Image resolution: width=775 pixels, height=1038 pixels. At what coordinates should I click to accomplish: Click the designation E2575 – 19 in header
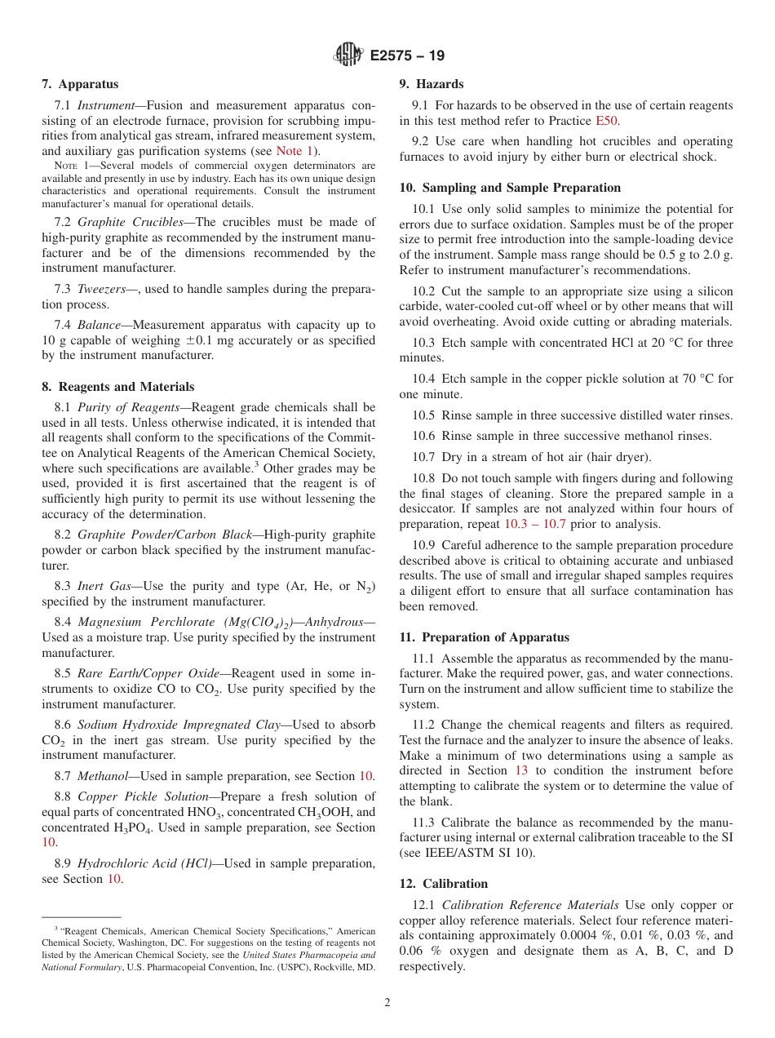(x=407, y=56)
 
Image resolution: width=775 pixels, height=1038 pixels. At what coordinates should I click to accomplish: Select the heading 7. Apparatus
(x=80, y=84)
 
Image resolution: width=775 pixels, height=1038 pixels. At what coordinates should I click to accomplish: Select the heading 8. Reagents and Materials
(x=117, y=387)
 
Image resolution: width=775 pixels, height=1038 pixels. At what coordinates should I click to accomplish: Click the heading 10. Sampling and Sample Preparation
(x=510, y=188)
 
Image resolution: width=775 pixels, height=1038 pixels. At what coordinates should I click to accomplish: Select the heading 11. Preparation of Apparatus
(x=484, y=637)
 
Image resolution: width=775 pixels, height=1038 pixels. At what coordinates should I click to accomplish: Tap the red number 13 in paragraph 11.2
(x=520, y=770)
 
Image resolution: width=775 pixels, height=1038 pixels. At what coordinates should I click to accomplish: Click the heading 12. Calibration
(x=443, y=884)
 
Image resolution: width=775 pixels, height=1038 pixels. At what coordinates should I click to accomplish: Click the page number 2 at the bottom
(x=387, y=1003)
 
